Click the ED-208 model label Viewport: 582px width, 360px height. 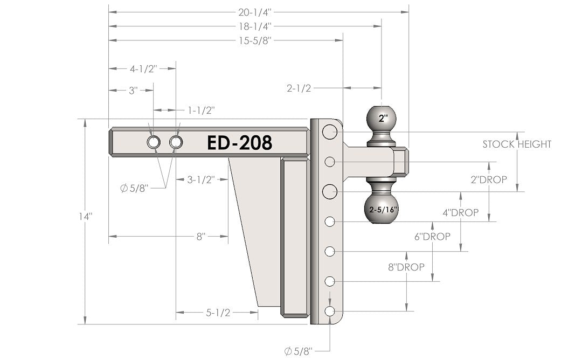[x=239, y=143]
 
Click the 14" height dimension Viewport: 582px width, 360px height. [x=86, y=216]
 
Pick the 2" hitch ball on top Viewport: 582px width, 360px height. [x=382, y=119]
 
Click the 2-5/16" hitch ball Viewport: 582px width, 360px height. [x=382, y=209]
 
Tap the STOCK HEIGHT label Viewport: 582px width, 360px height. [x=516, y=144]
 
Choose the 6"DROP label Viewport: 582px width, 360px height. [x=433, y=237]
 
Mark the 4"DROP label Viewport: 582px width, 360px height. [x=460, y=213]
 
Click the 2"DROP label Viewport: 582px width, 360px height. [x=488, y=179]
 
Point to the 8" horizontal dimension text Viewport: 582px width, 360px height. [x=200, y=236]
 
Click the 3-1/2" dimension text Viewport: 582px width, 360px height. [x=200, y=179]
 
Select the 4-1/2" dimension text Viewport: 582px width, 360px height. [x=143, y=69]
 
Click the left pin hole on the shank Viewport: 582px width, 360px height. [x=153, y=143]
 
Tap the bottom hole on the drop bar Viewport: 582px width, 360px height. [x=330, y=311]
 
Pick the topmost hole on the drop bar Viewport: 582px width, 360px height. [x=330, y=131]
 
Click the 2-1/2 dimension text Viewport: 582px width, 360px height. [x=299, y=88]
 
